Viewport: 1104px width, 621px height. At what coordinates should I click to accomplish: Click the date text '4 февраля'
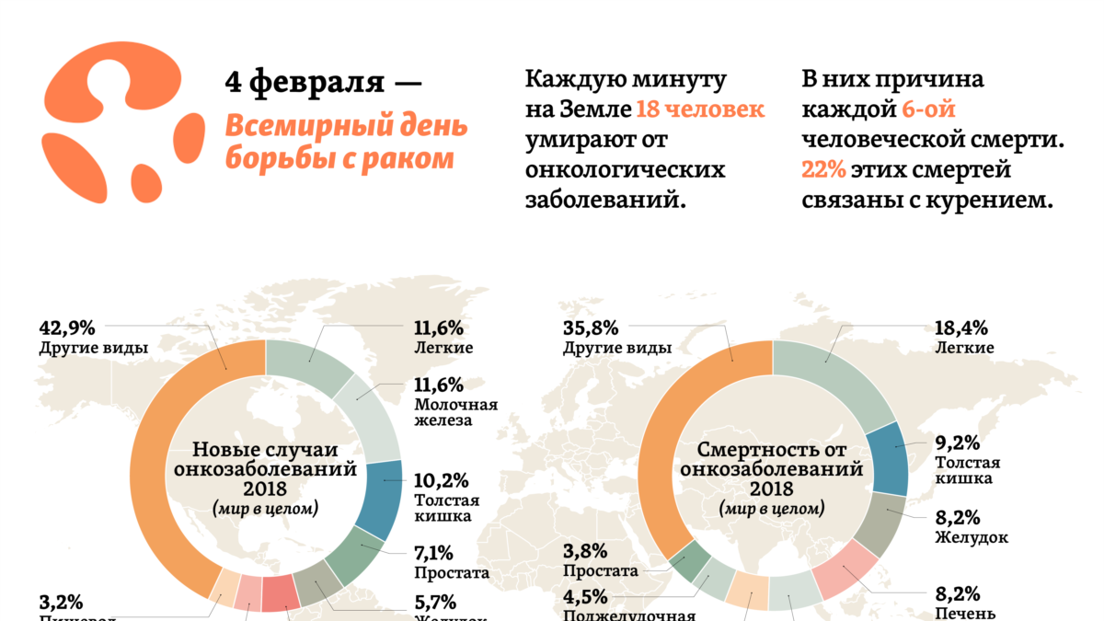click(304, 82)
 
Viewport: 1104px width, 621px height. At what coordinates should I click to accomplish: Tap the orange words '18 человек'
click(700, 109)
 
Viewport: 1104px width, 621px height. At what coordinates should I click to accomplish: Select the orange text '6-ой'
click(928, 109)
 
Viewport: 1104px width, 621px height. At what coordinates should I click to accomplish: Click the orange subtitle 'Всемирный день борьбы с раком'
click(346, 142)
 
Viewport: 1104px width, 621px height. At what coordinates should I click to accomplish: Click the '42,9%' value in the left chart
click(68, 328)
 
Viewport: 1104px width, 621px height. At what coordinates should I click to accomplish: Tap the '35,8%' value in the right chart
click(590, 328)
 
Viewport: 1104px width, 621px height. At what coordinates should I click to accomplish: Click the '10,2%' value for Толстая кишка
click(442, 480)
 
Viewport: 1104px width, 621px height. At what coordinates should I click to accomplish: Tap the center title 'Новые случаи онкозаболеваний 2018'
click(265, 468)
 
